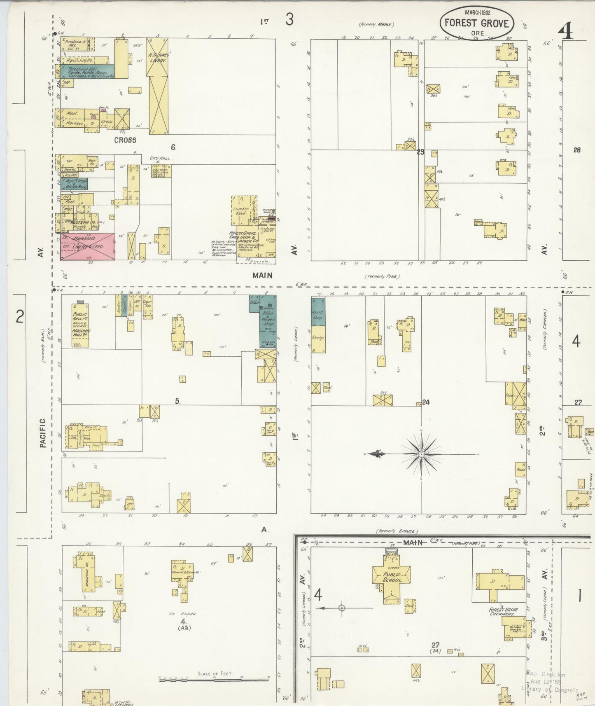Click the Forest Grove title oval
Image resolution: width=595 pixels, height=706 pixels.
tap(476, 23)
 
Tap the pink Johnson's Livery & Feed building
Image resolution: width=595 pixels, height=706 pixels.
tap(88, 246)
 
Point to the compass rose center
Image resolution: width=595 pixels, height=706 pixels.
tap(421, 454)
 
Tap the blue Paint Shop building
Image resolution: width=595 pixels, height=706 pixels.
tap(318, 311)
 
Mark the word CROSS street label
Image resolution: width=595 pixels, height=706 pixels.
tap(125, 140)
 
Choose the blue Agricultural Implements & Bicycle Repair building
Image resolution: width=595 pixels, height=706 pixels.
tap(75, 184)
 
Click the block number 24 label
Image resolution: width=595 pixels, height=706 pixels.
tap(426, 402)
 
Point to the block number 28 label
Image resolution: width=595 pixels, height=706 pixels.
tap(576, 150)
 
